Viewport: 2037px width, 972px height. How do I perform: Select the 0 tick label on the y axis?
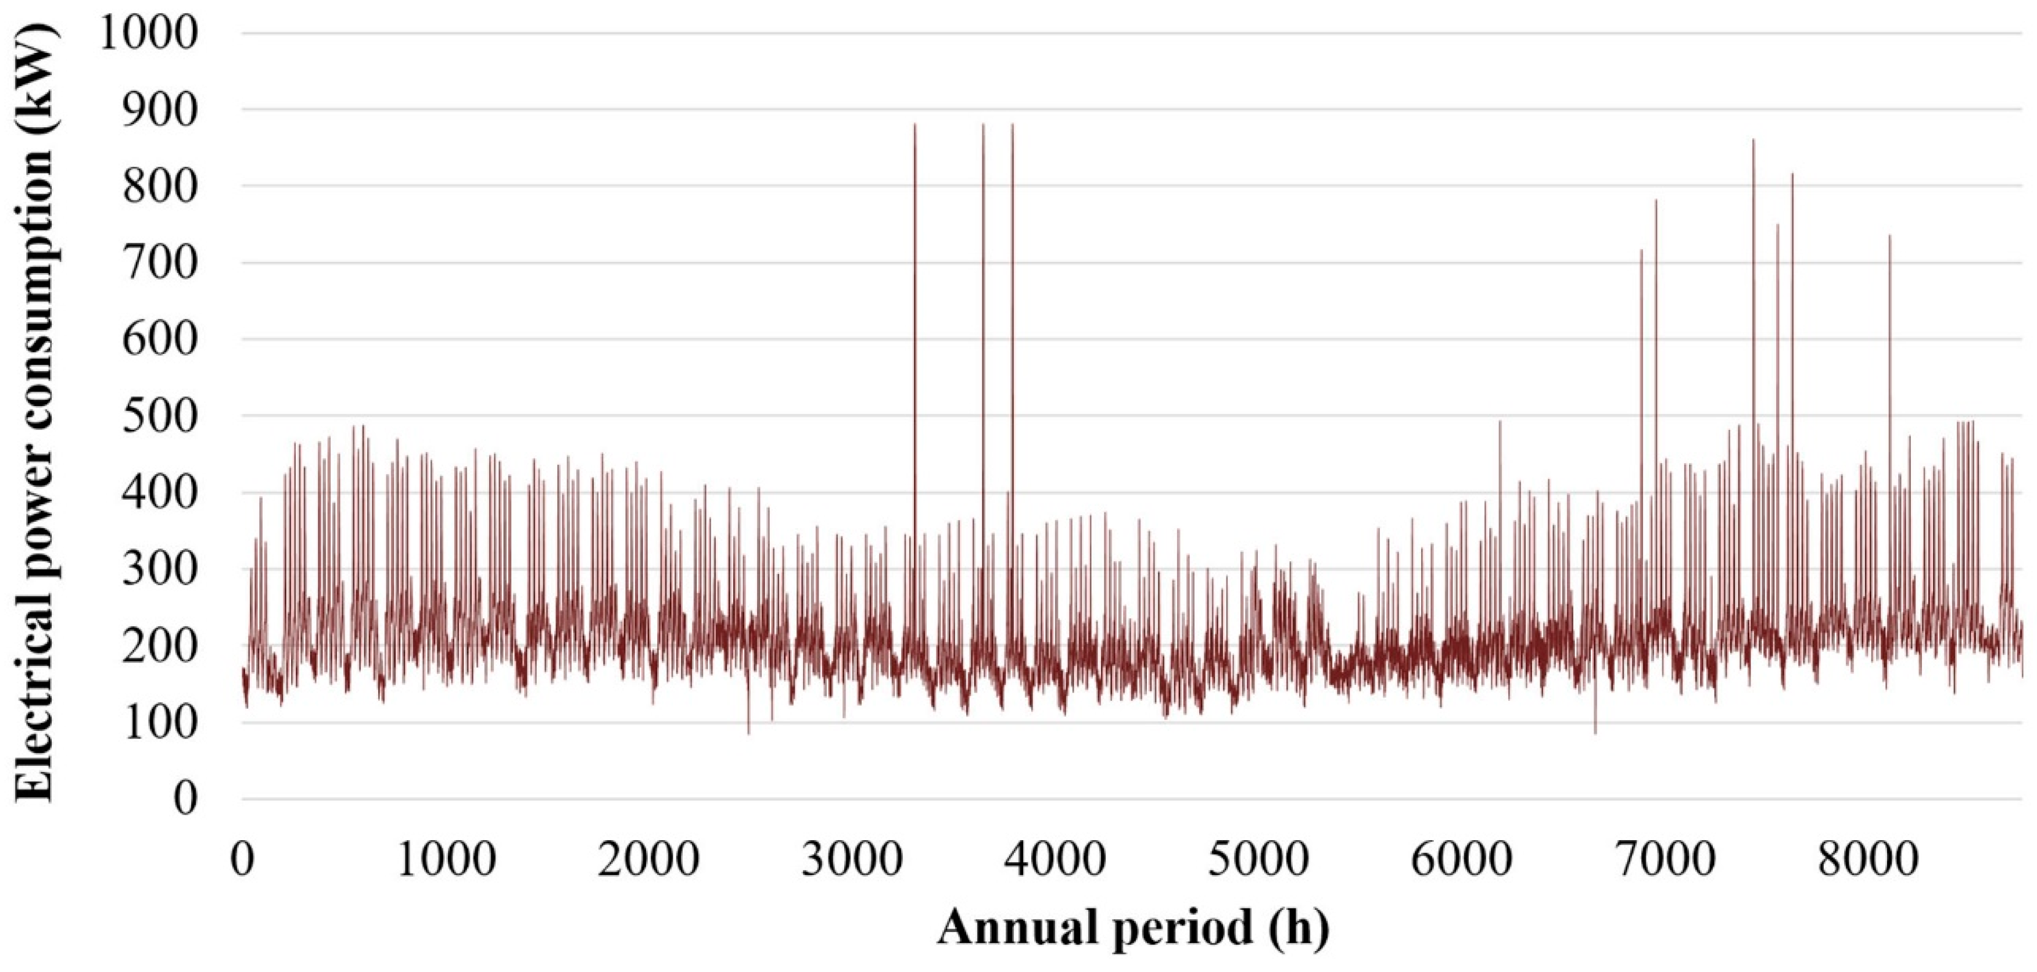coord(184,799)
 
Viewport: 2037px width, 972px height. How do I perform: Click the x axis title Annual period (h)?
coord(1132,927)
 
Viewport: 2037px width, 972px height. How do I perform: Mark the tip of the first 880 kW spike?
coord(915,124)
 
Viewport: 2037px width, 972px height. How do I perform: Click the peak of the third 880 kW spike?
coord(1012,124)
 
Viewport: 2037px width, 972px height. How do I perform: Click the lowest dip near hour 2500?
coord(748,734)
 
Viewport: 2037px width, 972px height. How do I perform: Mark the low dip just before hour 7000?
coord(1595,733)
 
